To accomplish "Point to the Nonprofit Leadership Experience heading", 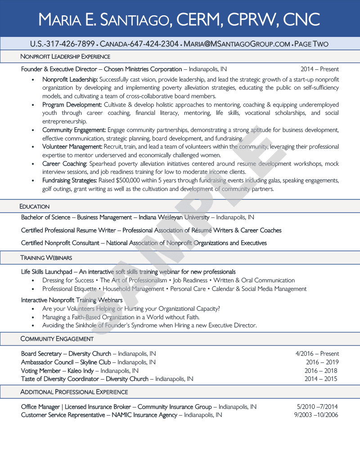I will [x=65, y=57].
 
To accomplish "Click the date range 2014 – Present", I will [x=319, y=69].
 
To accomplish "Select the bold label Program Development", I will [x=72, y=105].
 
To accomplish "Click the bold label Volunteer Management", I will [x=72, y=147].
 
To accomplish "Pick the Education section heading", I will [x=35, y=207].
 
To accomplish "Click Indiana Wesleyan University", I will [x=174, y=217].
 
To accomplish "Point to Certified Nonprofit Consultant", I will [x=60, y=243].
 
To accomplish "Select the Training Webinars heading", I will [x=46, y=258].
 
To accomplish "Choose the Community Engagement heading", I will [x=57, y=339].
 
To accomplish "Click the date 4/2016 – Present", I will [x=317, y=354].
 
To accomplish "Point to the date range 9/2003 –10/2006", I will [x=316, y=415].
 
